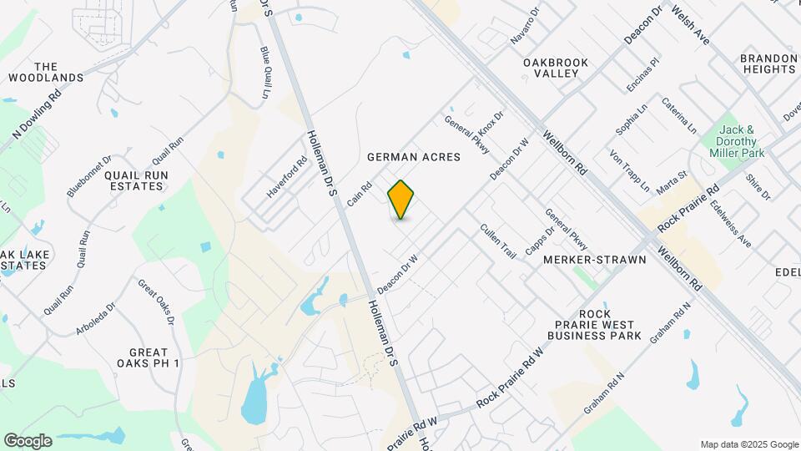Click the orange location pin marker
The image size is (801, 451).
(x=401, y=200)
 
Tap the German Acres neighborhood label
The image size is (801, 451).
(x=414, y=156)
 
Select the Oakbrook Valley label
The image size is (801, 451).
(x=557, y=68)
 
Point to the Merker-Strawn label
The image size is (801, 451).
(x=595, y=260)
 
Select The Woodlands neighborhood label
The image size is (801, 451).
(x=46, y=72)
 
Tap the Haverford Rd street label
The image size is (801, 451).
(x=288, y=177)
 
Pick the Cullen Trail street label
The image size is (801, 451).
(x=498, y=240)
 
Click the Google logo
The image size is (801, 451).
(x=28, y=440)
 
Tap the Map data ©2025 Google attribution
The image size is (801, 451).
(x=748, y=444)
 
